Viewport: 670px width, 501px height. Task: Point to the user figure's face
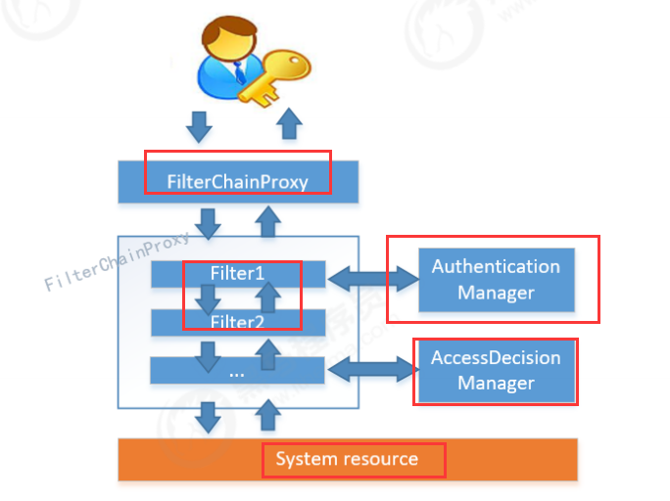pyautogui.click(x=233, y=45)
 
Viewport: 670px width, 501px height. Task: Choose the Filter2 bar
pyautogui.click(x=237, y=321)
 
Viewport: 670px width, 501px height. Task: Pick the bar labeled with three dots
pyautogui.click(x=237, y=371)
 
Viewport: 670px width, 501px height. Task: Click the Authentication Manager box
pyautogui.click(x=496, y=280)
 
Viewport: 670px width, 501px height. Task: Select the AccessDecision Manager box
pyautogui.click(x=496, y=370)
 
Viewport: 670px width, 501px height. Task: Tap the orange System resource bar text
pyautogui.click(x=347, y=459)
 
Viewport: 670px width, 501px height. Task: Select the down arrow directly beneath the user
pyautogui.click(x=200, y=125)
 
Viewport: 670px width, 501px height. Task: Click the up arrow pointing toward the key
pyautogui.click(x=288, y=125)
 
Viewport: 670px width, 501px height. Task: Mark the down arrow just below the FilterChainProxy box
pyautogui.click(x=209, y=222)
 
